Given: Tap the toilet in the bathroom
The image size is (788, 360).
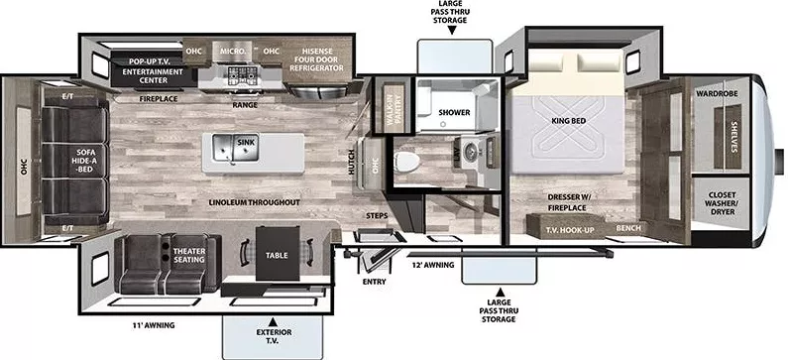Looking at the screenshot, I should click(410, 164).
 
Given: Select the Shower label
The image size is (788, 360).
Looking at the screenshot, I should click(454, 112).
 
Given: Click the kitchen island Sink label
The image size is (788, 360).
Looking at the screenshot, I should click(246, 143).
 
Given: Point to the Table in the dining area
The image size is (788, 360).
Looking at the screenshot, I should click(276, 254).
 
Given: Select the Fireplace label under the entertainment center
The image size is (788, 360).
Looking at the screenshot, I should click(158, 99).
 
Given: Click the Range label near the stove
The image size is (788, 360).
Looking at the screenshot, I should click(245, 103).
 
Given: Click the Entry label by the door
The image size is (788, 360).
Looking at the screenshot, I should click(374, 281).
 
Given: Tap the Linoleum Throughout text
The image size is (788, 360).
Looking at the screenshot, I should click(254, 202).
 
